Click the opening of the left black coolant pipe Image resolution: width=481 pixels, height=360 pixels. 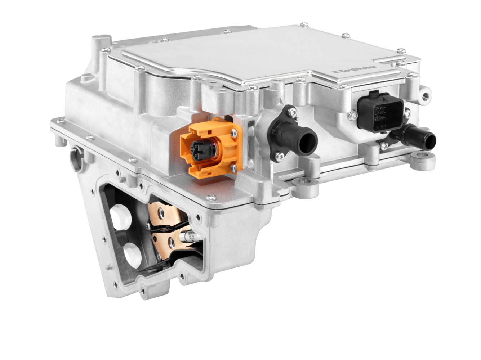click(x=308, y=139)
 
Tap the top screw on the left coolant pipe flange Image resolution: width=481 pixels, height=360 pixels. click(x=293, y=115)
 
